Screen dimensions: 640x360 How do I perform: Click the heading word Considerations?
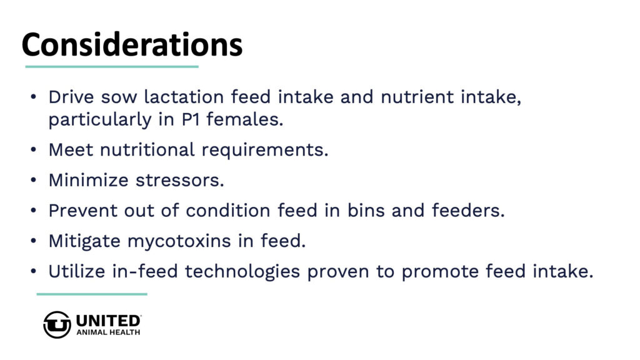132,44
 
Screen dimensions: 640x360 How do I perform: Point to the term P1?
190,119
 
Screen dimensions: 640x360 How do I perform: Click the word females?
244,119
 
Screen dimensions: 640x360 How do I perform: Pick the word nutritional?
147,150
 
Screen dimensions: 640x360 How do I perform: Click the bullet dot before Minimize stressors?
34,180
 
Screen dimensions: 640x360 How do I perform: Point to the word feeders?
468,211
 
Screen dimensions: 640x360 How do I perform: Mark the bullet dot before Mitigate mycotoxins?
34,241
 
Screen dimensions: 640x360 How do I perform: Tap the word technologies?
242,272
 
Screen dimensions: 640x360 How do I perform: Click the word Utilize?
77,271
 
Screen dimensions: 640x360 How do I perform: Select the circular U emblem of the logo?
57,325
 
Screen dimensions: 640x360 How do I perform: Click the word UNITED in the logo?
109,321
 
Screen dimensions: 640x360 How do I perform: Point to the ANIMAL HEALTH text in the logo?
108,332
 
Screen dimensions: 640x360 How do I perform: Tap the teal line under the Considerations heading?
112,66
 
